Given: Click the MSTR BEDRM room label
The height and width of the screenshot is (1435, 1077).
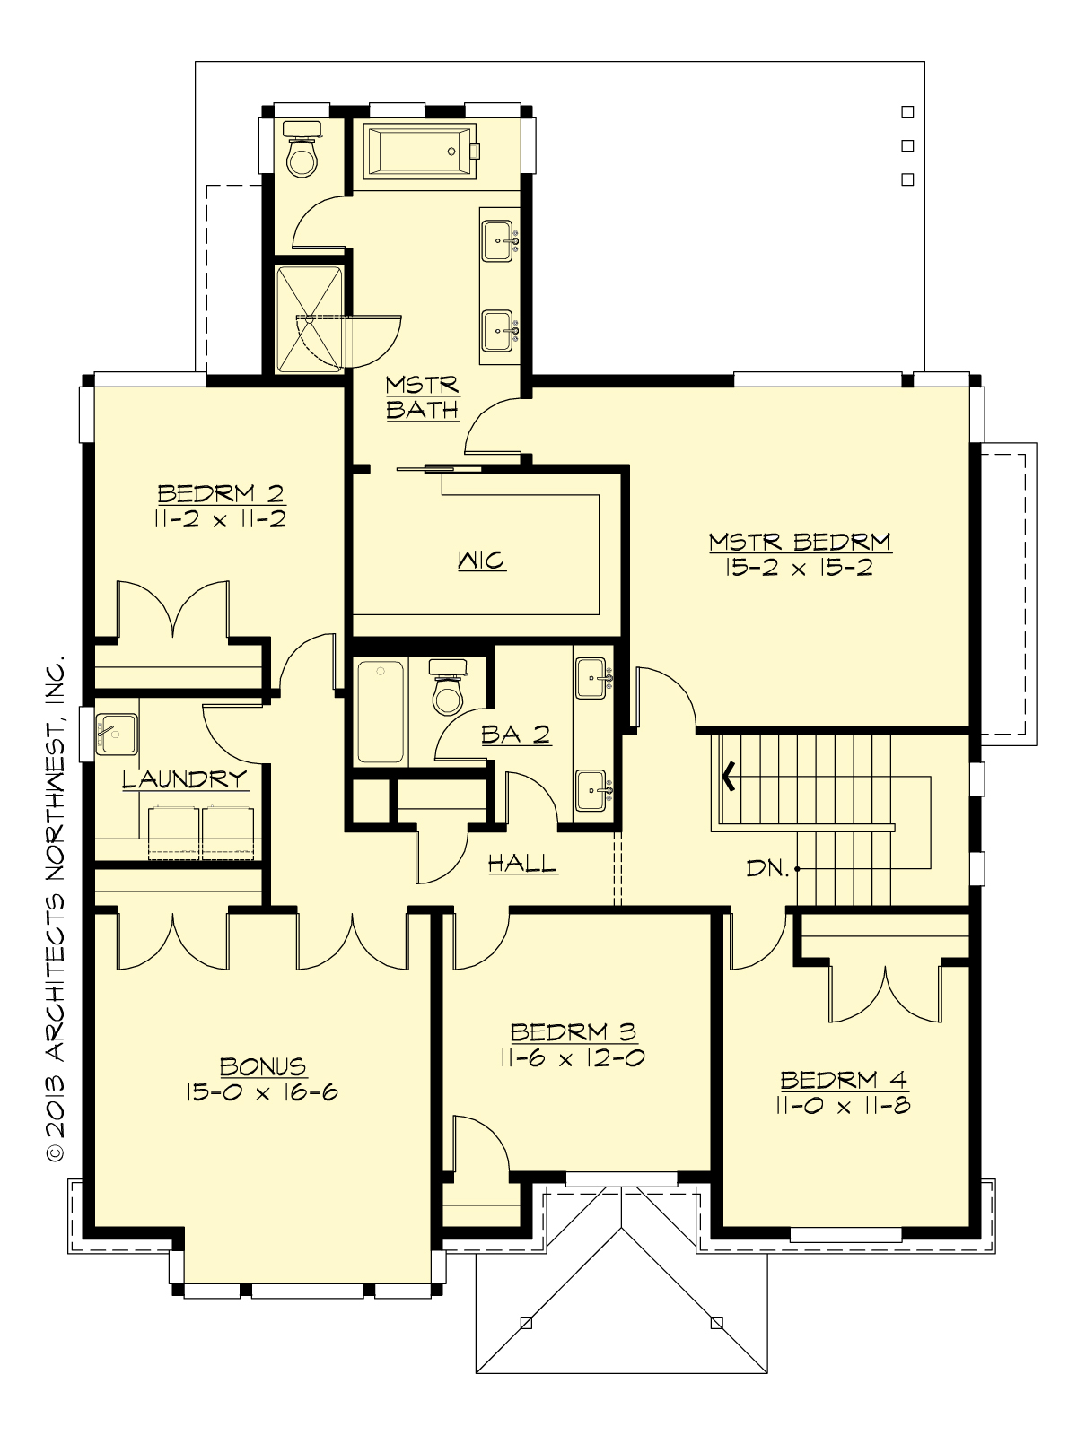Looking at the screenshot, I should pyautogui.click(x=799, y=542).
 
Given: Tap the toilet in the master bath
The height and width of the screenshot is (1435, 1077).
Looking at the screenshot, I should pyautogui.click(x=302, y=152).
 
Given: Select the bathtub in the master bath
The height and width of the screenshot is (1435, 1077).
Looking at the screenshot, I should pyautogui.click(x=417, y=150).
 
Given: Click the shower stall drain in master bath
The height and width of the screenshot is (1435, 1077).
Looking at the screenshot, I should pyautogui.click(x=310, y=318).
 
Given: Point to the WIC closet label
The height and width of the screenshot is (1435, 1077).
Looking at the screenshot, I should pyautogui.click(x=482, y=561).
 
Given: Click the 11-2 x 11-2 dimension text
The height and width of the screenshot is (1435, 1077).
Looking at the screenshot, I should pyautogui.click(x=221, y=519).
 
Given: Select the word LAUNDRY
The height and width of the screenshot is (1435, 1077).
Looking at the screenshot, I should pyautogui.click(x=185, y=778).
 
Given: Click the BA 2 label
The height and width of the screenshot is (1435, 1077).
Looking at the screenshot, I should pyautogui.click(x=515, y=735).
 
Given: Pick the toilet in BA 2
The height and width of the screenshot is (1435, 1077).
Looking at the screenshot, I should pyautogui.click(x=447, y=688).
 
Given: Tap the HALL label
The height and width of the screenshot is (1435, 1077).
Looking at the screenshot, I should pyautogui.click(x=522, y=864).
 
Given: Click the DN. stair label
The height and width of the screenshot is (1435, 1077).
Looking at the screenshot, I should pyautogui.click(x=767, y=868).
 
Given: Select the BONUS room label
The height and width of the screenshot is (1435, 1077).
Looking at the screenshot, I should pyautogui.click(x=263, y=1066).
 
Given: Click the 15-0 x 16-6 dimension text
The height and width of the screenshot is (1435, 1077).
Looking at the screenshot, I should pyautogui.click(x=263, y=1092).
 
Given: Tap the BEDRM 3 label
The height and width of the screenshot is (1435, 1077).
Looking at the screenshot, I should pyautogui.click(x=573, y=1032).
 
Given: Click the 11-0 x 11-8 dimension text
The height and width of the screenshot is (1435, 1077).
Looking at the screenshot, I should pyautogui.click(x=844, y=1106).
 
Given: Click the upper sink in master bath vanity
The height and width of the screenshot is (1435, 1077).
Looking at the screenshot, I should pyautogui.click(x=499, y=239).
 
